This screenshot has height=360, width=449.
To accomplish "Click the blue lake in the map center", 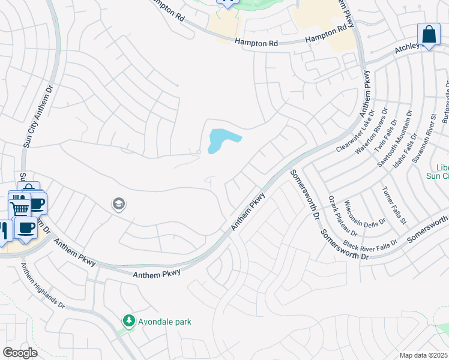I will [x=220, y=140].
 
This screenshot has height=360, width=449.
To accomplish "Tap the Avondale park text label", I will [x=164, y=322].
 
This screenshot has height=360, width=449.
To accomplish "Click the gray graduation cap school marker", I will [x=118, y=205].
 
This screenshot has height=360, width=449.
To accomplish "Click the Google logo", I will [x=20, y=353].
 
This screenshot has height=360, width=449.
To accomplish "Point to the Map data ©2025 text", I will [x=423, y=355].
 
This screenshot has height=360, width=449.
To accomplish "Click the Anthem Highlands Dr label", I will [x=42, y=287].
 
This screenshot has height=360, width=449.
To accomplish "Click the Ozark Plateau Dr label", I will [x=343, y=215].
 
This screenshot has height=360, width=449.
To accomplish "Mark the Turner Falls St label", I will [x=394, y=206].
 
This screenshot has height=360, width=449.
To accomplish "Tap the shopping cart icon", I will [x=20, y=208].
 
